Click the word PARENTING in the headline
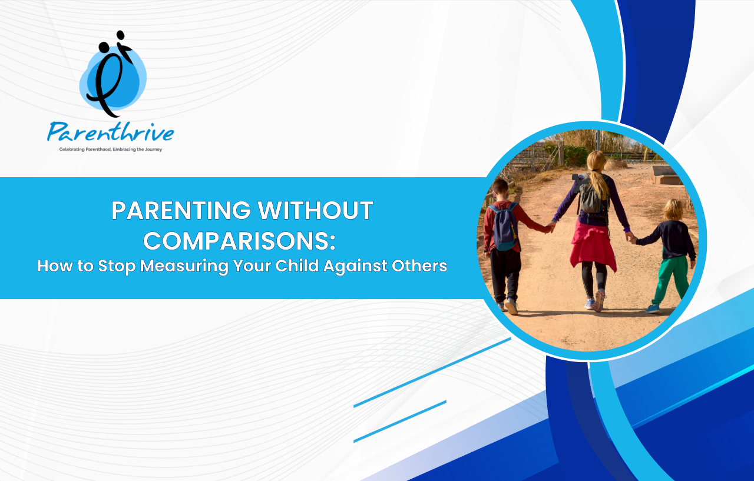click(x=181, y=211)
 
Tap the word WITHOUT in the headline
click(x=315, y=211)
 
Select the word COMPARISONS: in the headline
click(x=240, y=241)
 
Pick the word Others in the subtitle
click(x=419, y=266)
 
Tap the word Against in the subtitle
click(x=355, y=266)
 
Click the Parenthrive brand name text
click(x=110, y=131)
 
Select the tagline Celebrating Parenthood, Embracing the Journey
click(x=110, y=150)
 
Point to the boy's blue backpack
click(x=504, y=227)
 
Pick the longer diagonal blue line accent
click(x=432, y=372)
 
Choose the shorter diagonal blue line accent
click(x=400, y=421)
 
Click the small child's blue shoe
click(x=652, y=308)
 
